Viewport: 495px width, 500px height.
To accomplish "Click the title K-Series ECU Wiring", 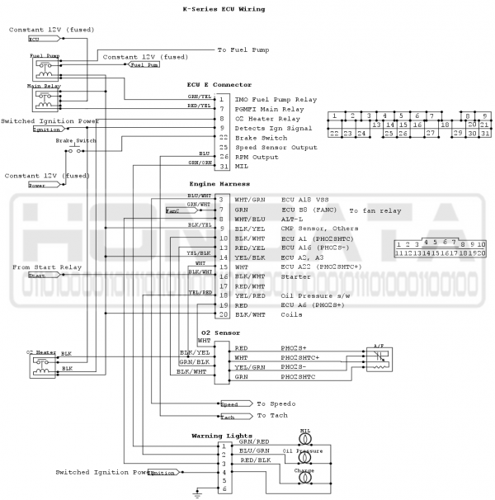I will (x=223, y=9).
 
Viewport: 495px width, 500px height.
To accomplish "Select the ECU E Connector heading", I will (x=219, y=84).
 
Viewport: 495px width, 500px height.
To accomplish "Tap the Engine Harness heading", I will (x=219, y=183).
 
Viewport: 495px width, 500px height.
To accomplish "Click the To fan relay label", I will (x=375, y=211).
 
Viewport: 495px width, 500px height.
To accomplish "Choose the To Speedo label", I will (x=276, y=403).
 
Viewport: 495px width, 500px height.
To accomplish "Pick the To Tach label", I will (x=272, y=415).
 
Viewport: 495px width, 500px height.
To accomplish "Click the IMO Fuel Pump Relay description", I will (x=276, y=98).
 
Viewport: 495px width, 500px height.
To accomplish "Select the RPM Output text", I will (x=257, y=157).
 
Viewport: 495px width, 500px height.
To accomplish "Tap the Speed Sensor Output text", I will (x=276, y=147).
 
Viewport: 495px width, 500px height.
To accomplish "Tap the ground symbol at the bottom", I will (x=196, y=494).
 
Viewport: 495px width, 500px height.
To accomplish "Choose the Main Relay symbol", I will (x=44, y=98).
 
